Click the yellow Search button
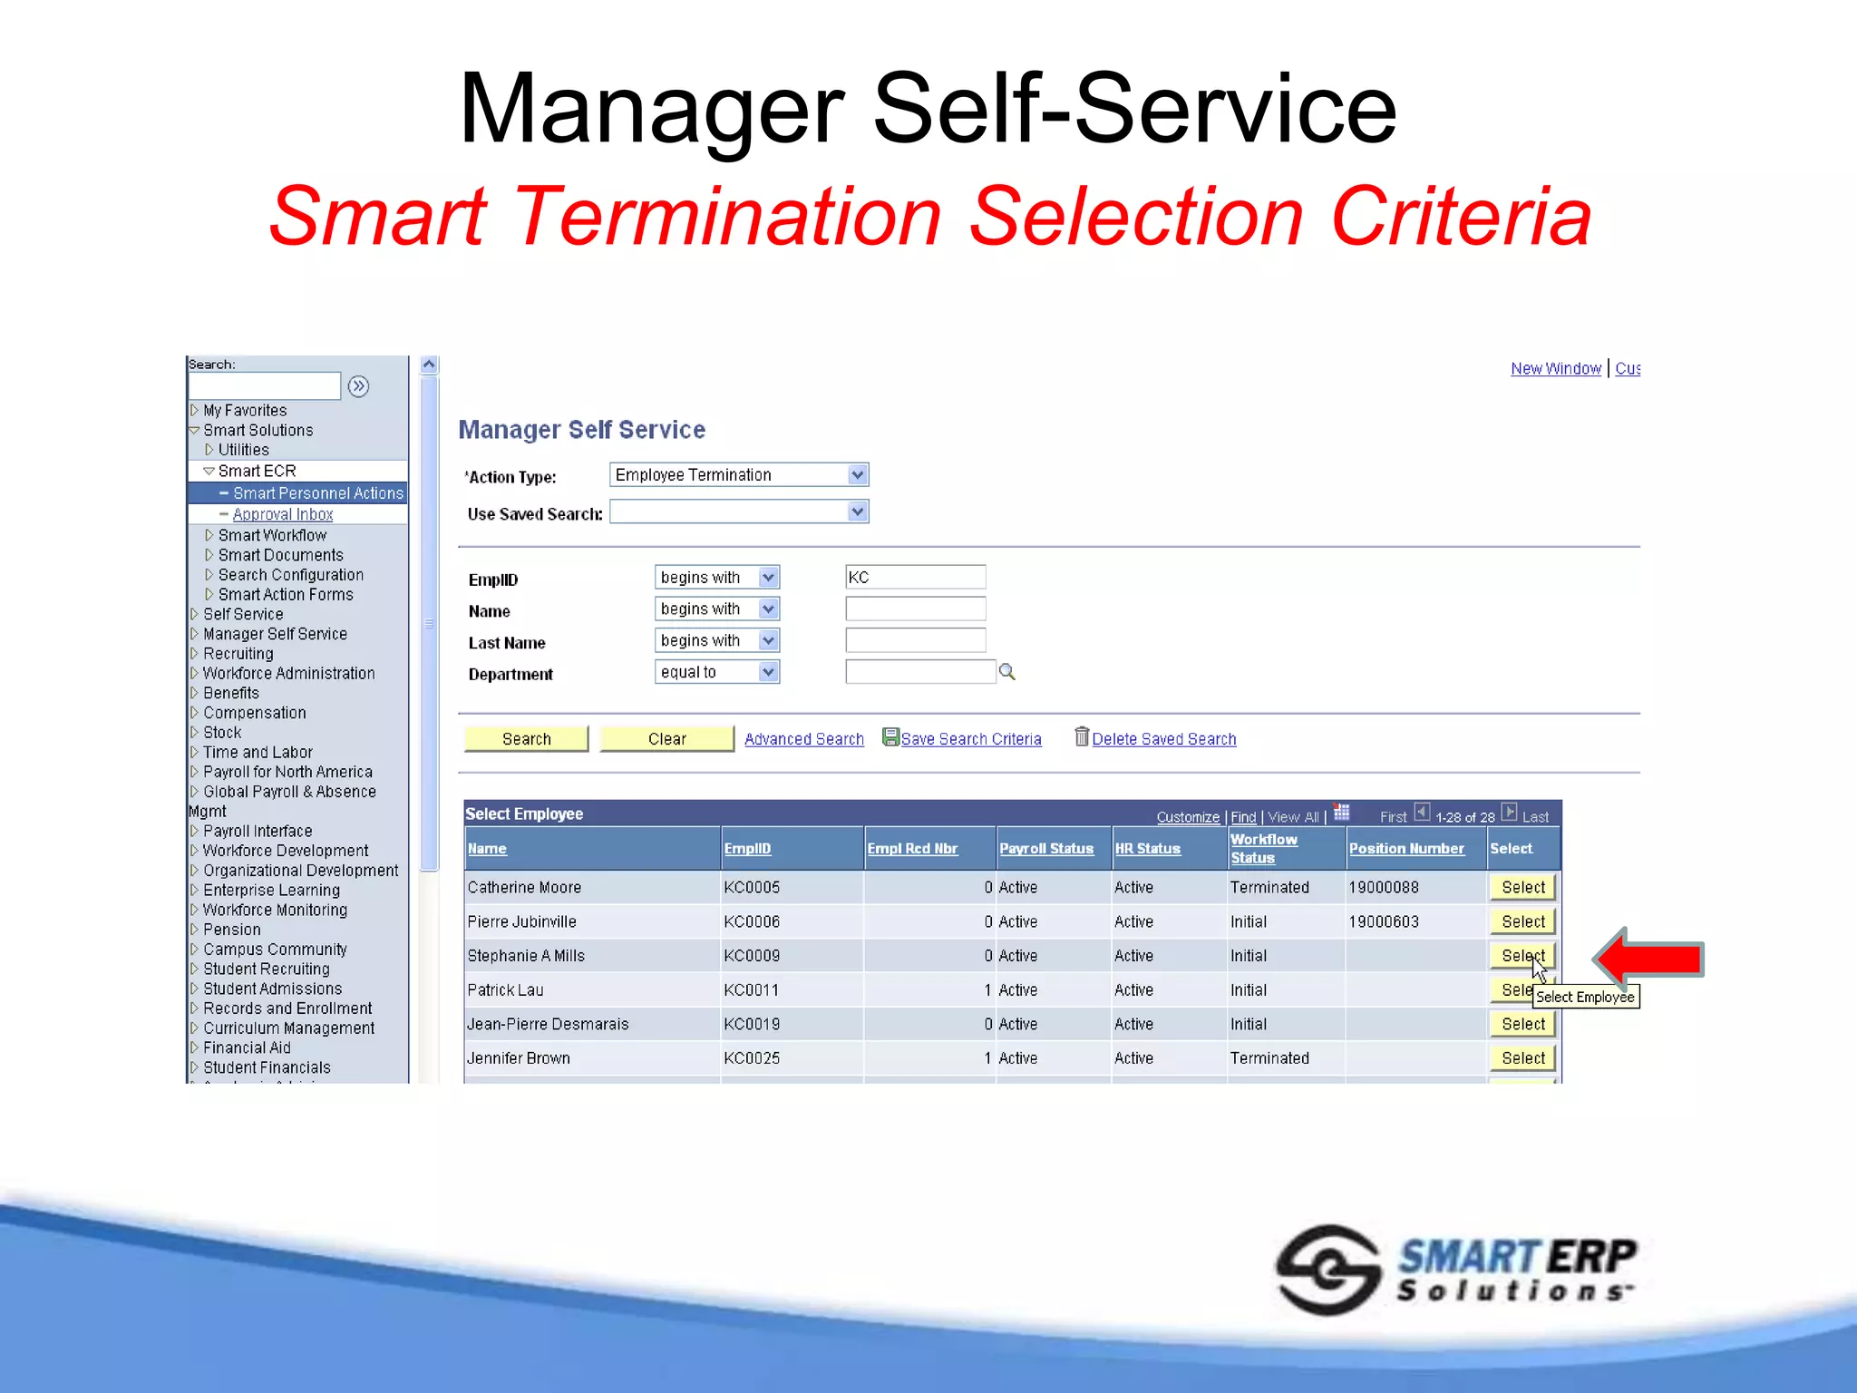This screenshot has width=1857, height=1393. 526,739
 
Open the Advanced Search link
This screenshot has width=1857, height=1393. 803,739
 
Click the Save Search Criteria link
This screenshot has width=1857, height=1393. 970,739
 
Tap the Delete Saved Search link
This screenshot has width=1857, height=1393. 1163,739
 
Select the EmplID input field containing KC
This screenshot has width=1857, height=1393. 915,578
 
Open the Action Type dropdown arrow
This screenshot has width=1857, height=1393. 857,475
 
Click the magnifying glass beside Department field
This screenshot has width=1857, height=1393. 1006,672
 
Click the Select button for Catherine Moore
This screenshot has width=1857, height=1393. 1522,888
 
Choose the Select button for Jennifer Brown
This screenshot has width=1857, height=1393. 1522,1058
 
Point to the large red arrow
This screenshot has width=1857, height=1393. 1650,959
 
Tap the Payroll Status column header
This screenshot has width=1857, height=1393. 1046,849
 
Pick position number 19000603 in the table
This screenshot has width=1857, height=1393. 1384,922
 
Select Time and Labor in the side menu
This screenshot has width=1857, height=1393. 258,753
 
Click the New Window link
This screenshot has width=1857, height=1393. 1556,369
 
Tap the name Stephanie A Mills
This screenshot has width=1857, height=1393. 526,956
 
